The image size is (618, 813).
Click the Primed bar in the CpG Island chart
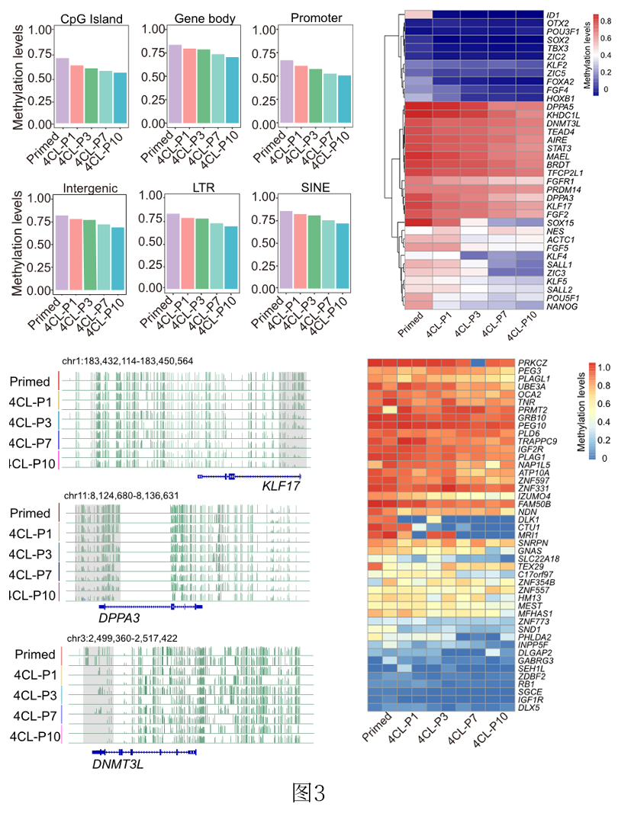(63, 91)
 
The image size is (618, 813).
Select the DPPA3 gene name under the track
(117, 619)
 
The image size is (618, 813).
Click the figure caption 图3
(308, 793)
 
